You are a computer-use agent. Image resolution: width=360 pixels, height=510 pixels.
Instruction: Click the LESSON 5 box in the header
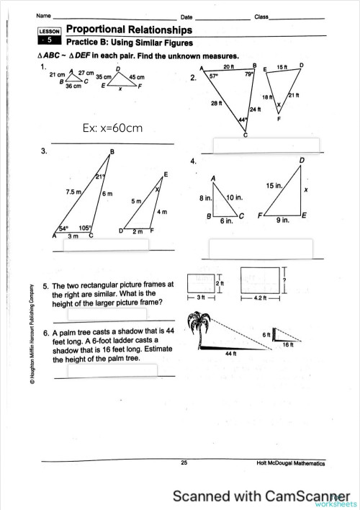(x=52, y=37)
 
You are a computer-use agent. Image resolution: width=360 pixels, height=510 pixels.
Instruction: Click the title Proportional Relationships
(x=129, y=30)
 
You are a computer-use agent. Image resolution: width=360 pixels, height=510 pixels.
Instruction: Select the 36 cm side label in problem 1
(x=73, y=86)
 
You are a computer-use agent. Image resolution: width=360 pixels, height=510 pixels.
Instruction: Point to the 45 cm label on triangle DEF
(x=136, y=77)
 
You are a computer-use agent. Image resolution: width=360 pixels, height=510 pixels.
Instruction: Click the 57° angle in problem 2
(x=214, y=74)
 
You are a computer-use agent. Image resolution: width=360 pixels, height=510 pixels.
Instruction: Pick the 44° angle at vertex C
(x=243, y=120)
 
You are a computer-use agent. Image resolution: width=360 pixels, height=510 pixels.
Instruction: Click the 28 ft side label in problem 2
(x=215, y=104)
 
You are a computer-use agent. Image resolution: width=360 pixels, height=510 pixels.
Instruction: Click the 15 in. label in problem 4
(x=273, y=186)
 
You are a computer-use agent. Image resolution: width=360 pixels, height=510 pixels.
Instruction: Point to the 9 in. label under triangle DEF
(x=282, y=221)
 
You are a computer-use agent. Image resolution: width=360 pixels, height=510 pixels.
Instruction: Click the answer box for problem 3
(x=107, y=245)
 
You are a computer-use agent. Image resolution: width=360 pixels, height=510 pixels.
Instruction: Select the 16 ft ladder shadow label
(x=287, y=345)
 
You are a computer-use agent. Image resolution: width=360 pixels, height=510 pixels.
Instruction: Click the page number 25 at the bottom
(x=184, y=462)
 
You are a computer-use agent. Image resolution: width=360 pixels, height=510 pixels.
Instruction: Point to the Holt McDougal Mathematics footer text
(x=290, y=462)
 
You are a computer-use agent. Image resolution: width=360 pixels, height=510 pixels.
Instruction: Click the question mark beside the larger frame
(x=286, y=279)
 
